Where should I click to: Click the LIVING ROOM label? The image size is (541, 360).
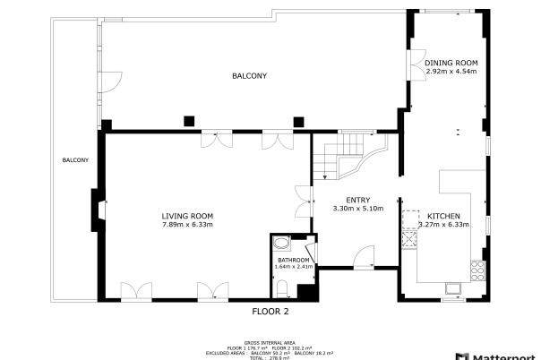[187, 216]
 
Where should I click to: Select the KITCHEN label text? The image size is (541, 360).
[444, 217]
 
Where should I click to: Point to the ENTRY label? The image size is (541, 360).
[357, 200]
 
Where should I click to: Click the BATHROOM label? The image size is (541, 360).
[292, 260]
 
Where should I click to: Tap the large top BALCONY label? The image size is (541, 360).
[249, 77]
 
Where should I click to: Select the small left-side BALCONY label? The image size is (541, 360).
[75, 160]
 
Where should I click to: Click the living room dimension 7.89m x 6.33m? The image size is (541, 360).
[187, 225]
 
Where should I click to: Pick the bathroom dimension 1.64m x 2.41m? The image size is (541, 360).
[292, 267]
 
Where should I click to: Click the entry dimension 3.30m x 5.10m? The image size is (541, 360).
[357, 209]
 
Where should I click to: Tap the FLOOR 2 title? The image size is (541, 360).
[270, 312]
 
